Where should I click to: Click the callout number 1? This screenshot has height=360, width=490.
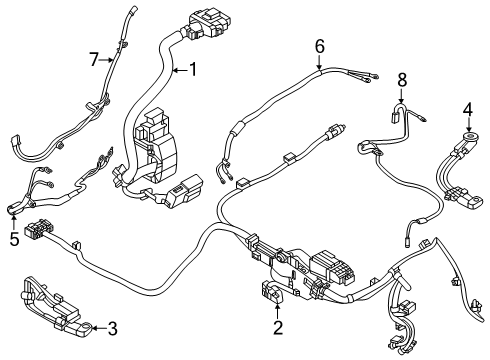[193, 70]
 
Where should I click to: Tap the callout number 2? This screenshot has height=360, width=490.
[278, 327]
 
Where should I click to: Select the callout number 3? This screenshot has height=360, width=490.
[112, 329]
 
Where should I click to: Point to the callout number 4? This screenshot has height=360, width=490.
[468, 110]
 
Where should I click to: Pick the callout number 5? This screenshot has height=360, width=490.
[14, 239]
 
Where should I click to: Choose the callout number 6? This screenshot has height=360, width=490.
[319, 46]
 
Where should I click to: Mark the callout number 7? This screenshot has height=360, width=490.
[94, 60]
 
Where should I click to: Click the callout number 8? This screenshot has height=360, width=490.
[402, 80]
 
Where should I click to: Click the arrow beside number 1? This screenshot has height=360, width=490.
[180, 70]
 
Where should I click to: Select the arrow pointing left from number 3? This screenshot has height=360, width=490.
[98, 328]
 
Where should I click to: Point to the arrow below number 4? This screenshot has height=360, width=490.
[468, 124]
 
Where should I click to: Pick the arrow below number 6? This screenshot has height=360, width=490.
[319, 62]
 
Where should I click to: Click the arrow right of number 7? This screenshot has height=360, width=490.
[106, 60]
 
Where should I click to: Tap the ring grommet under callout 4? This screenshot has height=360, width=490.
[468, 135]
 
